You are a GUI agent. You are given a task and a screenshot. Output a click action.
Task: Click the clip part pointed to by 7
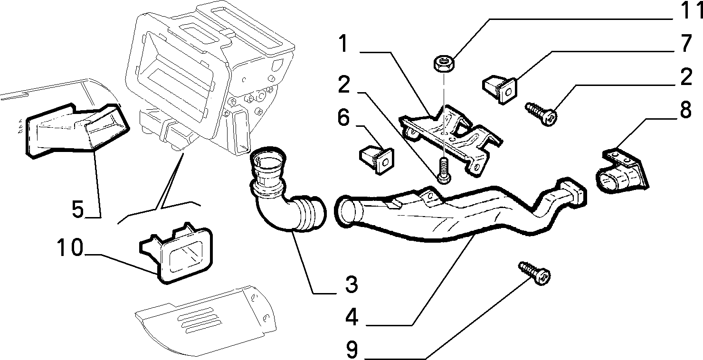coord(500,89)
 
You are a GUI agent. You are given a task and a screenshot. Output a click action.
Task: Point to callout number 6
coord(343,117)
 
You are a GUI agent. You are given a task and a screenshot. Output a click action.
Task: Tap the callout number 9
coord(352,350)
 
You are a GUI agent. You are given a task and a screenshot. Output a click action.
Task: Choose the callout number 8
coord(686,110)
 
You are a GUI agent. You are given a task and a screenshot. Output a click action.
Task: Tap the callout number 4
coord(352,317)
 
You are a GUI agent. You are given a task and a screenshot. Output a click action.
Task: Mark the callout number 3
coord(351,284)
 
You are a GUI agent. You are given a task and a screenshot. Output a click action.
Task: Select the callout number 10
coord(70,247)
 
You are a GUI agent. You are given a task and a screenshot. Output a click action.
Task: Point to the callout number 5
coord(78,209)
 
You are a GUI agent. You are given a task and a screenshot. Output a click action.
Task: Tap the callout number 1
coord(343,44)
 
